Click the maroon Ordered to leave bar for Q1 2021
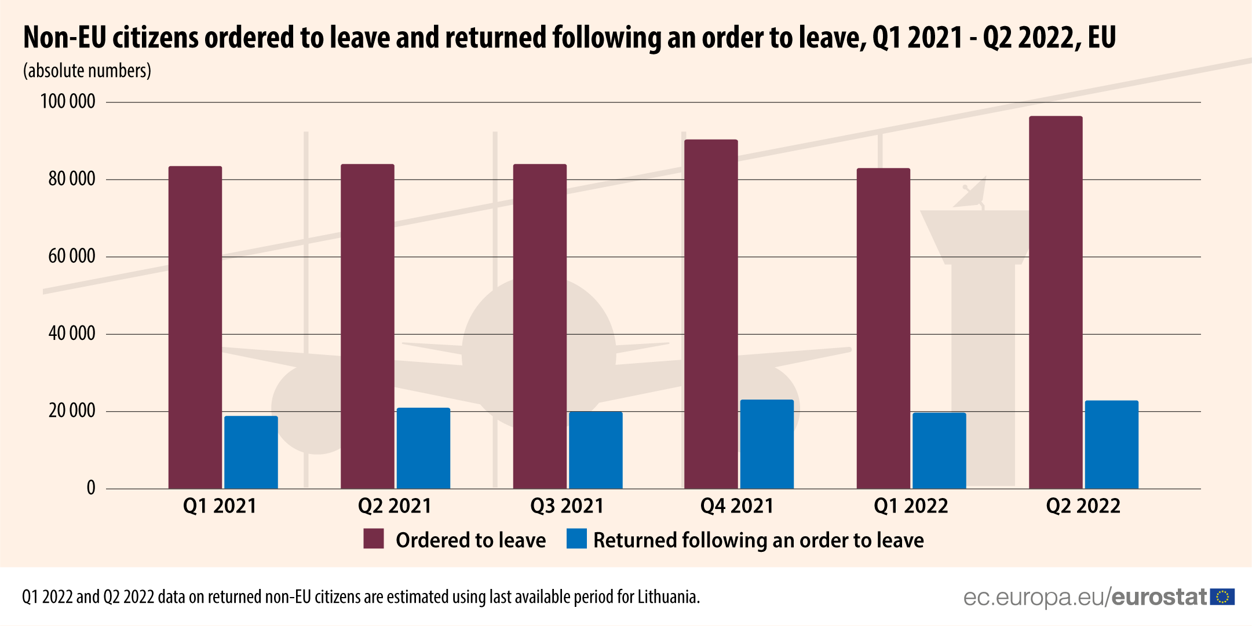pos(195,327)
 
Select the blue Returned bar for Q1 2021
pos(251,452)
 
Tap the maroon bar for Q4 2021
pos(711,314)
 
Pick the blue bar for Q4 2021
pos(767,444)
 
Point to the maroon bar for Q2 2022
pos(1056,302)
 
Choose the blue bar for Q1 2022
pos(939,451)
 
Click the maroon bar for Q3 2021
pos(539,326)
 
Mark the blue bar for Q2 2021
pos(424,448)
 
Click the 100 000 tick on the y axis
pos(68,102)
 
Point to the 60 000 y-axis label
pos(72,257)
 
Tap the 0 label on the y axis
pos(91,488)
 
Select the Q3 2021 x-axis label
pos(567,506)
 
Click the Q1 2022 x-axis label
pos(911,506)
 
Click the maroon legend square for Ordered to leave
pos(374,539)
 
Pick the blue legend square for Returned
pos(576,539)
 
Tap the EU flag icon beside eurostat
pos(1222,597)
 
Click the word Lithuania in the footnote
pos(668,597)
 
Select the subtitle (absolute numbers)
pos(87,71)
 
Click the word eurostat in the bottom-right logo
pos(1159,597)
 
